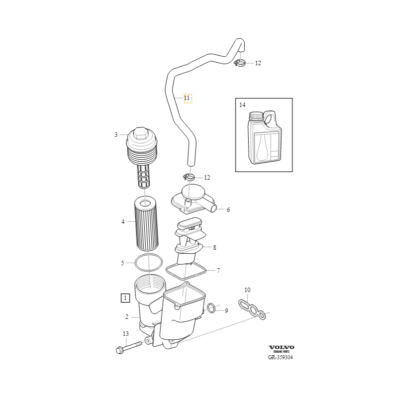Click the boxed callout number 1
point(125,298)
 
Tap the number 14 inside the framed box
point(242,104)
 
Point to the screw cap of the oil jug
point(256,116)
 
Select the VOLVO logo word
point(282,347)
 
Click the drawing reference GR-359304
point(280,357)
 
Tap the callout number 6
point(228,210)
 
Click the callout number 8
point(214,247)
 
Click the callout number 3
point(116,135)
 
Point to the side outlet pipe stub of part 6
point(211,207)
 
